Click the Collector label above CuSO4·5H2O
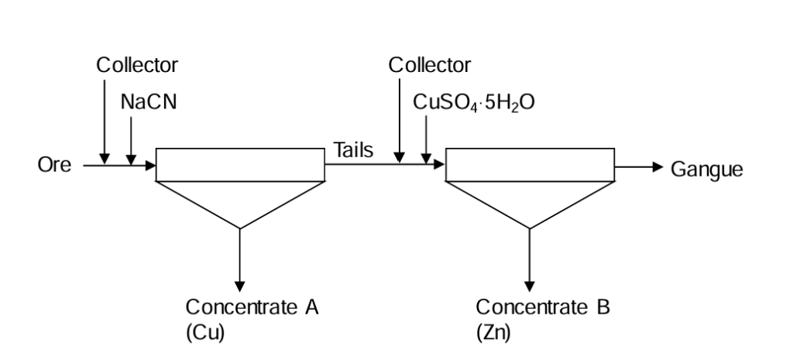tap(429, 65)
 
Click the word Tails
tap(353, 151)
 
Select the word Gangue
tap(707, 168)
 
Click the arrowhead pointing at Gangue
tap(658, 166)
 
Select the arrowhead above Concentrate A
tap(240, 286)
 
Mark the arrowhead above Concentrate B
tap(530, 286)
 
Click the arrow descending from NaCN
tap(132, 139)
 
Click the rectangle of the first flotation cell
tap(240, 164)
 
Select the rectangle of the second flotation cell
tap(530, 164)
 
